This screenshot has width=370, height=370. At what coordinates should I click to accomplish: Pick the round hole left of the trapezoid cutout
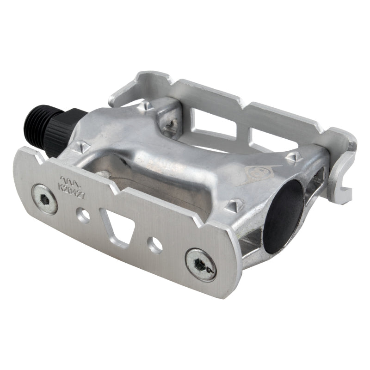(84, 214)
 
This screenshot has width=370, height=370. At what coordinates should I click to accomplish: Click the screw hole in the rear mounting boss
(173, 123)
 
